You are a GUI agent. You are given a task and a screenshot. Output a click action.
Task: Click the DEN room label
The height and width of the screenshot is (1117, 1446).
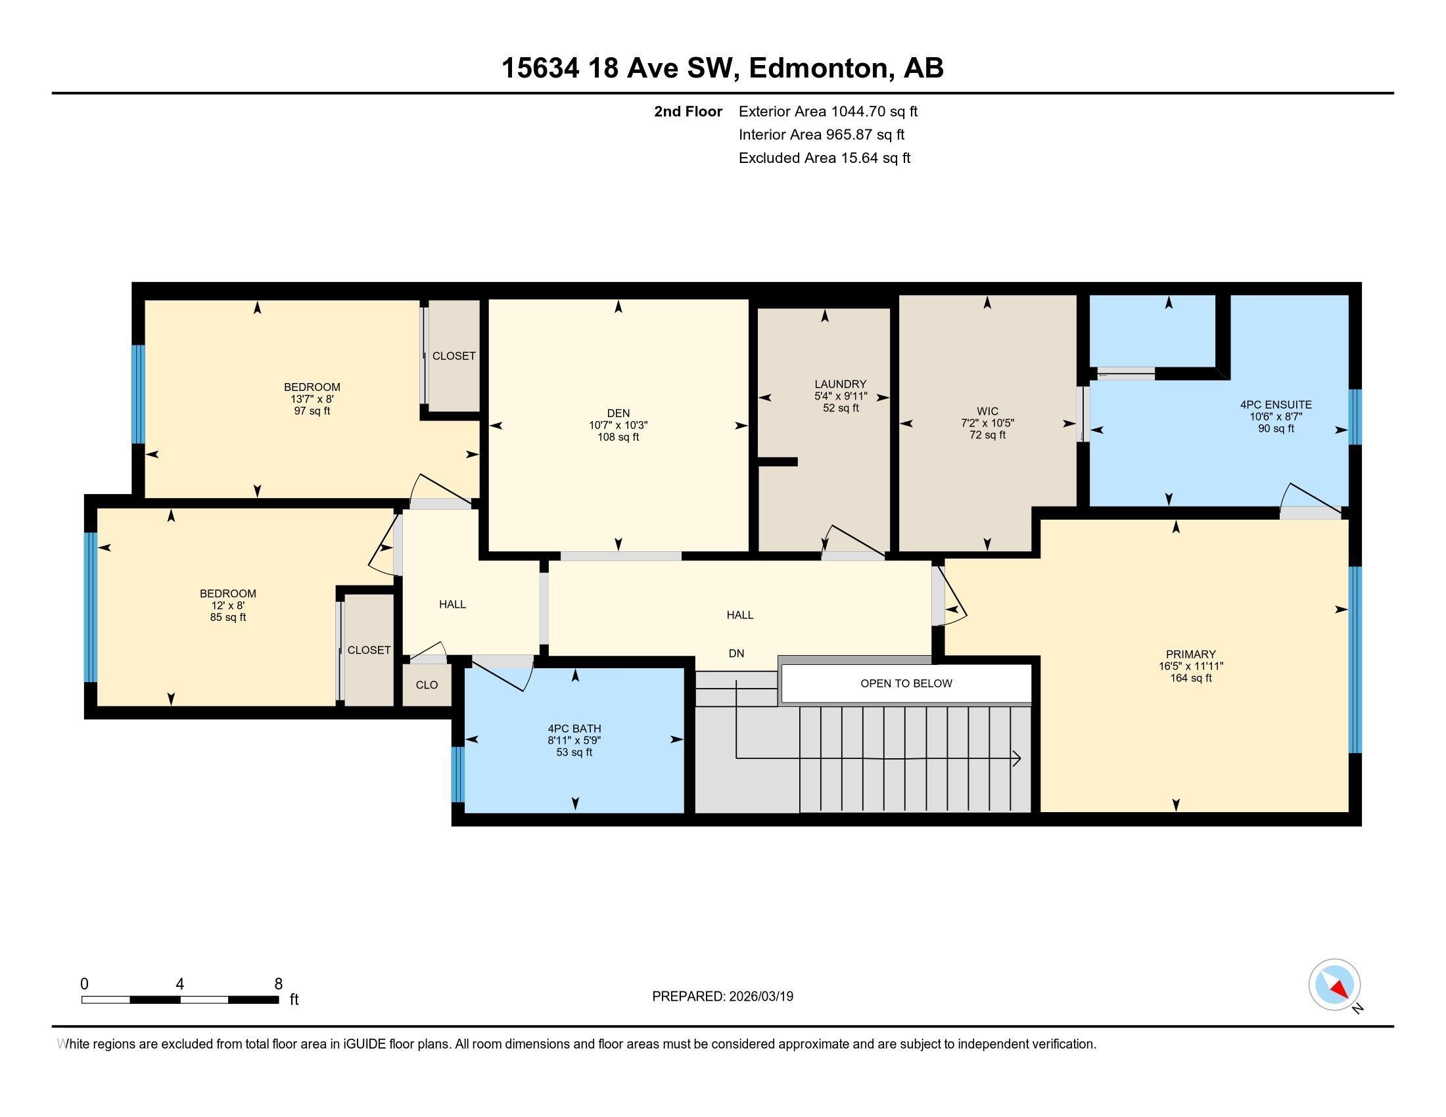[x=618, y=413]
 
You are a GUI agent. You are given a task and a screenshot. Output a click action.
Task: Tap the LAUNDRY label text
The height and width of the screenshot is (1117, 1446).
[x=840, y=384]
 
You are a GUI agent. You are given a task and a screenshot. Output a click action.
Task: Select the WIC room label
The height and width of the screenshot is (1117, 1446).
[x=987, y=411]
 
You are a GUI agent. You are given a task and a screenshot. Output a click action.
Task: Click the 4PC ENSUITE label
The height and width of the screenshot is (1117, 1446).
[x=1275, y=404]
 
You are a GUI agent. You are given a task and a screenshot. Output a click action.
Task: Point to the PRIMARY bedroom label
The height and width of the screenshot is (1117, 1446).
[x=1190, y=654]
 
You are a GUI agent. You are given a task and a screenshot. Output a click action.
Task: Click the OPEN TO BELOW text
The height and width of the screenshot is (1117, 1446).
[x=906, y=683]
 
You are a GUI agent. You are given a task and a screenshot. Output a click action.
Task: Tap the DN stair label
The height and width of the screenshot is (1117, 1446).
[x=736, y=653]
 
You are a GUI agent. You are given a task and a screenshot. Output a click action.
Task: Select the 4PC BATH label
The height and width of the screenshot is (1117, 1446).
[x=574, y=729]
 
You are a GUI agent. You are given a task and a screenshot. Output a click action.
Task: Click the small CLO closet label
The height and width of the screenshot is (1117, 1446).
[x=427, y=685]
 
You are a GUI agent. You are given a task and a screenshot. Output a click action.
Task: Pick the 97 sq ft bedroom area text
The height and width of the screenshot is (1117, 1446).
[x=312, y=411]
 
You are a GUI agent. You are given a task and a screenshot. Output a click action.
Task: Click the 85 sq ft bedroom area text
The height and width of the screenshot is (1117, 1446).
[x=228, y=618]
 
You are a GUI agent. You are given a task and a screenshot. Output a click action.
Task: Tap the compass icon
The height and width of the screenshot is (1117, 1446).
[x=1334, y=985]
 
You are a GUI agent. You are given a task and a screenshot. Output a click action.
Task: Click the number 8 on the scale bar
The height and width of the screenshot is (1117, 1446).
[x=278, y=984]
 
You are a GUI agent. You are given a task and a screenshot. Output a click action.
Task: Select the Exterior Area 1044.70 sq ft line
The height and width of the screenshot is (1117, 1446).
[x=828, y=111]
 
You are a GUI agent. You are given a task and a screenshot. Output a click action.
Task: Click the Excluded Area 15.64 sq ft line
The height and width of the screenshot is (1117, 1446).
[x=824, y=158]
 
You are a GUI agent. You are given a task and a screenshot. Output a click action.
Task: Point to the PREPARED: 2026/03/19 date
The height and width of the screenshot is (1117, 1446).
[x=722, y=996]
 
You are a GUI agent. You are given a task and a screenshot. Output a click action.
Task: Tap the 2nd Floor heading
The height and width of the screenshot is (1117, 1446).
[x=688, y=111]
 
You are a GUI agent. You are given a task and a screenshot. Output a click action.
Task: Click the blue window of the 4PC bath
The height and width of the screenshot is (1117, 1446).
[x=457, y=774]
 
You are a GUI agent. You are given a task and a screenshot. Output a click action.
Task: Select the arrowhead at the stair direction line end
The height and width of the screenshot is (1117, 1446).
[x=1017, y=759]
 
